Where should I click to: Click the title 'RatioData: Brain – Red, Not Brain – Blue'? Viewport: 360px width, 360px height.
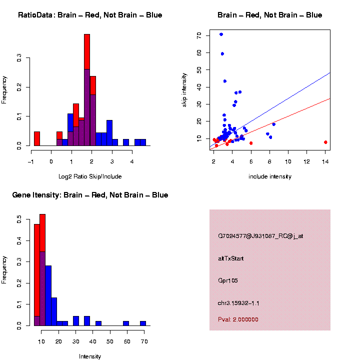[x=90, y=15]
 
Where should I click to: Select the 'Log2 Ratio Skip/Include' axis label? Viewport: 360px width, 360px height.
[x=90, y=176]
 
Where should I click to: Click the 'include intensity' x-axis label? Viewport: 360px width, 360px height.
[x=269, y=176]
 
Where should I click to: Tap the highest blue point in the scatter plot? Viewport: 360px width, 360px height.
[x=221, y=34]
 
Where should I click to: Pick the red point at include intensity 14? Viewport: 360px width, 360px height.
[x=325, y=142]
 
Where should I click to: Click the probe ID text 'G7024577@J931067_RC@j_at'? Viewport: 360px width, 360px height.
[x=260, y=236]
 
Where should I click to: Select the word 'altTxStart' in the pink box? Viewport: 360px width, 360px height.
[x=230, y=258]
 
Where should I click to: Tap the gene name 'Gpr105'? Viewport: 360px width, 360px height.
[x=228, y=280]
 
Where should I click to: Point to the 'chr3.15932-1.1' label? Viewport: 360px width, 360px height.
[x=238, y=303]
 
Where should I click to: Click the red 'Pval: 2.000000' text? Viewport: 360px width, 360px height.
[x=238, y=319]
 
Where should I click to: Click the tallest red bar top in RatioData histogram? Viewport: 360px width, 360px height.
[x=87, y=35]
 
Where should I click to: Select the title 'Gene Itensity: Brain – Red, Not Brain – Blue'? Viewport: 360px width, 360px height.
[x=90, y=195]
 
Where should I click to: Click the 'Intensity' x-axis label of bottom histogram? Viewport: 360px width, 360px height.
[x=90, y=356]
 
